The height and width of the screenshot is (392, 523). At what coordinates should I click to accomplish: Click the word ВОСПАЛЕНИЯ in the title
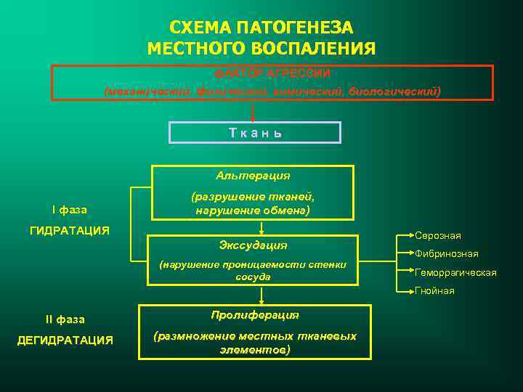pyautogui.click(x=316, y=49)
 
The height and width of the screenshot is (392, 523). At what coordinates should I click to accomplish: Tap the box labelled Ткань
pyautogui.click(x=255, y=133)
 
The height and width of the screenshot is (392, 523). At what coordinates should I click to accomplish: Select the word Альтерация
pyautogui.click(x=253, y=176)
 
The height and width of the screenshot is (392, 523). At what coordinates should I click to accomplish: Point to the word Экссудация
pyautogui.click(x=253, y=245)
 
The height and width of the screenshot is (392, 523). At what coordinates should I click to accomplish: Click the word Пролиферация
pyautogui.click(x=255, y=316)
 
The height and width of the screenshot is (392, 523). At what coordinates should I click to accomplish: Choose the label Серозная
pyautogui.click(x=437, y=236)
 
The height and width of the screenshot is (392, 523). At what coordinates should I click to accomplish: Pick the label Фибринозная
pyautogui.click(x=446, y=254)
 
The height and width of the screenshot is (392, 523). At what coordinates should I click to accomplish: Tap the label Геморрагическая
pyautogui.click(x=455, y=272)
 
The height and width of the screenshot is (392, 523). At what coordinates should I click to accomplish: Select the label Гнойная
pyautogui.click(x=434, y=290)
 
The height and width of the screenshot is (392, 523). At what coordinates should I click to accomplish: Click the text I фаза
pyautogui.click(x=69, y=211)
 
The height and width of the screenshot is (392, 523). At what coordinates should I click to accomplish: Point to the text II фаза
pyautogui.click(x=65, y=319)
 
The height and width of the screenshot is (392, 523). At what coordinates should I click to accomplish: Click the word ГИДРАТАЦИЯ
pyautogui.click(x=69, y=230)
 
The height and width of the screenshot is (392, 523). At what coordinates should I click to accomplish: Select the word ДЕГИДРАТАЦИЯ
pyautogui.click(x=65, y=340)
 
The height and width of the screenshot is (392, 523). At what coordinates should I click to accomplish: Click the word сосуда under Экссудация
pyautogui.click(x=253, y=277)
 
